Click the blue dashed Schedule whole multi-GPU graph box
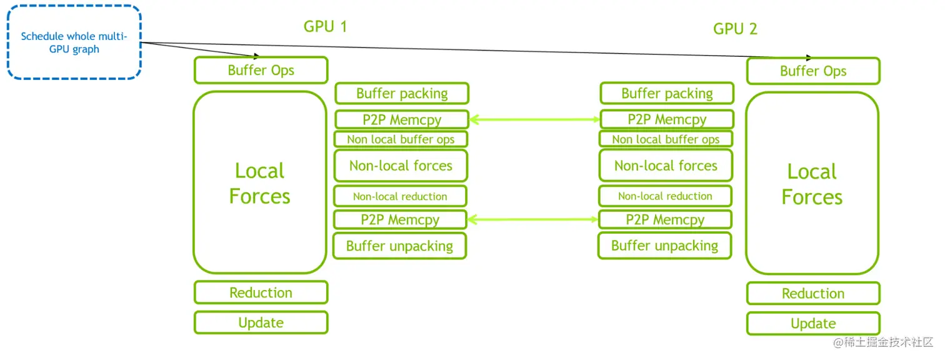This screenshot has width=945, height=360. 74,42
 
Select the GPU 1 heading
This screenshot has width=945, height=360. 325,26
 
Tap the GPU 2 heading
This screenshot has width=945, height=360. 735,29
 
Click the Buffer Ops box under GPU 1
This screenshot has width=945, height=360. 261,70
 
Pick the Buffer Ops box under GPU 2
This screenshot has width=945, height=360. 813,71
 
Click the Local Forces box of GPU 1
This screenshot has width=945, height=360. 260,182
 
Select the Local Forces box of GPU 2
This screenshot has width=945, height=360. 812,184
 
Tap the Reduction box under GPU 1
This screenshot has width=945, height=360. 261,292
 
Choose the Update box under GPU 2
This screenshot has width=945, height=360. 813,323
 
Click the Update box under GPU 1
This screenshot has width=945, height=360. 261,322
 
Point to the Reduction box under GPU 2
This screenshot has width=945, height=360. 813,293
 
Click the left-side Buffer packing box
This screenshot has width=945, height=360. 402,94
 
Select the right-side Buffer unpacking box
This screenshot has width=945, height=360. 665,246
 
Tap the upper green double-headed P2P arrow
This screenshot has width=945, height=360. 534,119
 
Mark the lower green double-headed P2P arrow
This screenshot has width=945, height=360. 533,219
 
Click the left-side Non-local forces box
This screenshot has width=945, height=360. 401,166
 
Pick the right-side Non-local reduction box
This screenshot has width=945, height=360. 665,196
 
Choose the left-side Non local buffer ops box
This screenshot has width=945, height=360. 401,139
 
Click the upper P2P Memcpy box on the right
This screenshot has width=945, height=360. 667,119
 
